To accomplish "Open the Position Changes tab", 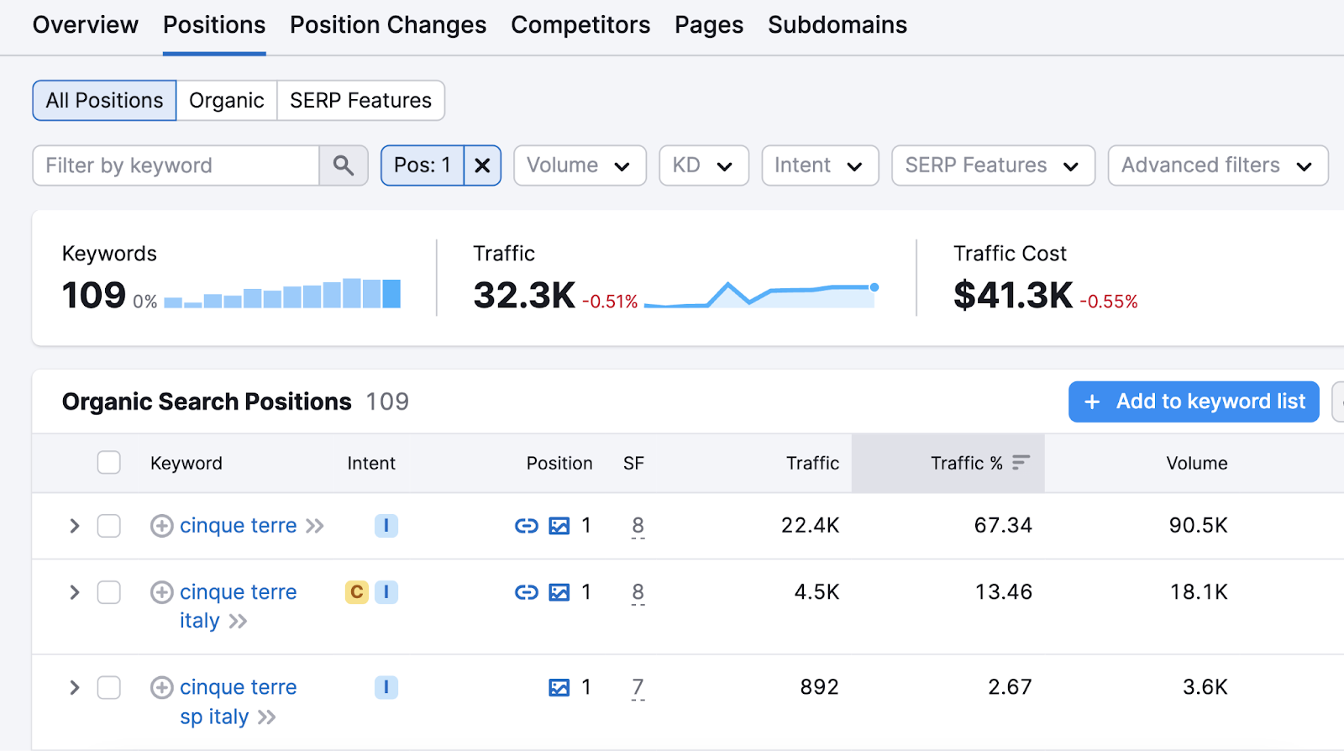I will tap(387, 25).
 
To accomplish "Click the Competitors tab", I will tap(580, 25).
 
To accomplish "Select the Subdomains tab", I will tap(837, 25).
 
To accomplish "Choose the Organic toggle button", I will tap(226, 101).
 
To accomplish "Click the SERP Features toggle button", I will tap(360, 101).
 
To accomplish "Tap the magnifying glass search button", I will tap(343, 165).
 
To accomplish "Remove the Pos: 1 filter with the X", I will tap(482, 165).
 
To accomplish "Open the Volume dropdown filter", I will tap(579, 165).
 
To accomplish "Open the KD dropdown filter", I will tap(703, 165).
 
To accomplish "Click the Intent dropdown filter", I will tap(819, 165).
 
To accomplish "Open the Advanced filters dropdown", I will tap(1217, 165).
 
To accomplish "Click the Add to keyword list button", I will tap(1194, 402).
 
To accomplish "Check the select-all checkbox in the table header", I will tap(109, 463).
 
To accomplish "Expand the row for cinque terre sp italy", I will tap(75, 688).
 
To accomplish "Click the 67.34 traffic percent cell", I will tap(1003, 526).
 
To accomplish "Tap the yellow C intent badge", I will tap(357, 592).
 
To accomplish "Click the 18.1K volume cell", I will tap(1199, 592).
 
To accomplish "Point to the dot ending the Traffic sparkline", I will tap(874, 287).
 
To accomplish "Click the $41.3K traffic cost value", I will tap(1012, 296).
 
